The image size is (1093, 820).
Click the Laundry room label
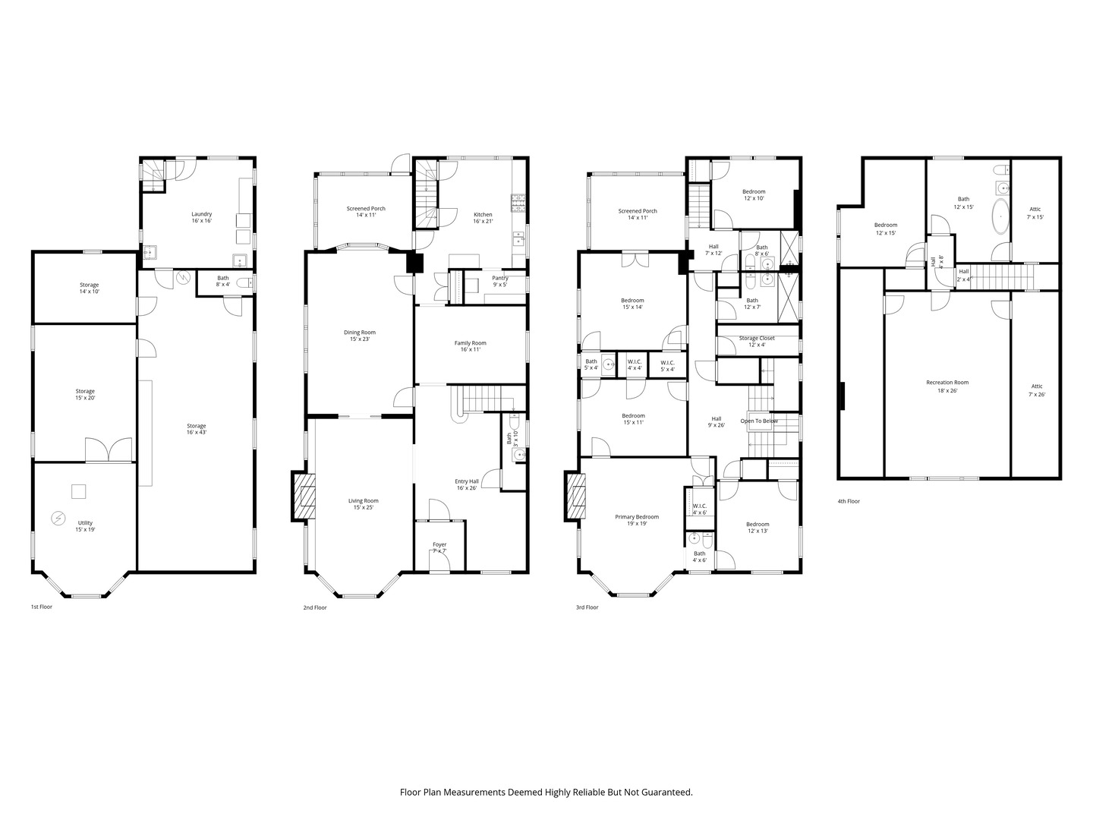pyautogui.click(x=201, y=217)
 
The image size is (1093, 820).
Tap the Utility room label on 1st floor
pyautogui.click(x=84, y=526)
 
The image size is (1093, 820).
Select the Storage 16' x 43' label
pyautogui.click(x=197, y=429)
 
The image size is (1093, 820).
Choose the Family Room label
pyautogui.click(x=470, y=346)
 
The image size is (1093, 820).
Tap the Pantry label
pyautogui.click(x=499, y=281)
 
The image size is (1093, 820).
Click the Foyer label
pyautogui.click(x=439, y=547)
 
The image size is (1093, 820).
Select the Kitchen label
pyautogui.click(x=483, y=218)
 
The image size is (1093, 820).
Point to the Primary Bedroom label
pyautogui.click(x=636, y=520)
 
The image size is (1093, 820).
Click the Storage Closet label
pyautogui.click(x=757, y=341)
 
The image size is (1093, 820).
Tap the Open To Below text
pyautogui.click(x=759, y=421)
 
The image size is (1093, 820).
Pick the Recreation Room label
pyautogui.click(x=947, y=386)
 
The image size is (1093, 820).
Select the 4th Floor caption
pyautogui.click(x=848, y=501)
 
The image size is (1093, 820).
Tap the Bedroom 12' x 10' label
pyautogui.click(x=754, y=195)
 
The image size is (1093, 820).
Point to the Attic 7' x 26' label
pyautogui.click(x=1036, y=390)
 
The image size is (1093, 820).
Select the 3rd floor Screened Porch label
pyautogui.click(x=638, y=215)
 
